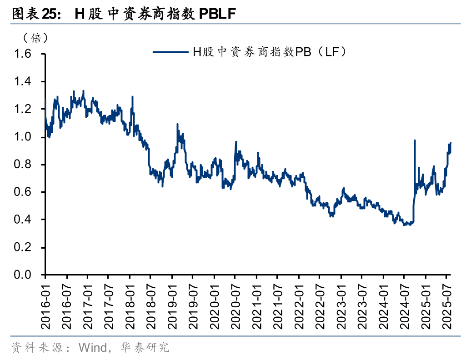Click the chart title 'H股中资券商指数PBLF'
click(123, 14)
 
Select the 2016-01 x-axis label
click(45, 303)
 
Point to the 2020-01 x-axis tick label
click(214, 303)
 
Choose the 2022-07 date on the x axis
click(320, 303)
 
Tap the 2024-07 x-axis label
click(404, 303)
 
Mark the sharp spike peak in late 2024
click(415, 140)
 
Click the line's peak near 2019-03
click(177, 124)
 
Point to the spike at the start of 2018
click(132, 97)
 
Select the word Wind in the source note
click(90, 348)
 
